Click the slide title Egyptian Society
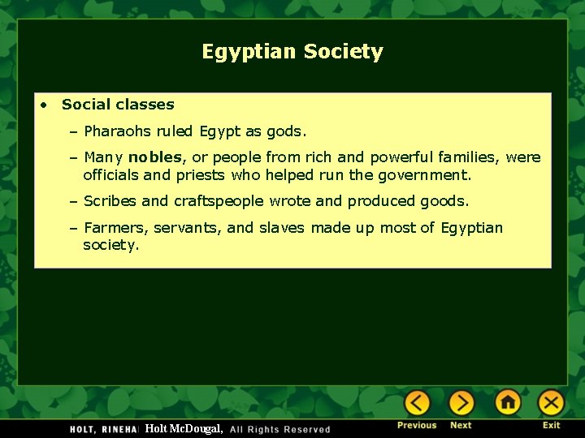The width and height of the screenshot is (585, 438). click(292, 52)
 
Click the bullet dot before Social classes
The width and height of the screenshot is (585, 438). click(45, 105)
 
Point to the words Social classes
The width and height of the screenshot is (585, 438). click(118, 105)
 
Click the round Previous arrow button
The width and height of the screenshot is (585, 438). click(418, 402)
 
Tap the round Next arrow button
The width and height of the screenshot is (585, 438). click(461, 402)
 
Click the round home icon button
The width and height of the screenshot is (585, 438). click(508, 402)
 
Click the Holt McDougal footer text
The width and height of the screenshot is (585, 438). click(184, 428)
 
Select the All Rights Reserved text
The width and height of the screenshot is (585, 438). click(280, 429)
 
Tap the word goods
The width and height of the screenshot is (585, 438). click(444, 201)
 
